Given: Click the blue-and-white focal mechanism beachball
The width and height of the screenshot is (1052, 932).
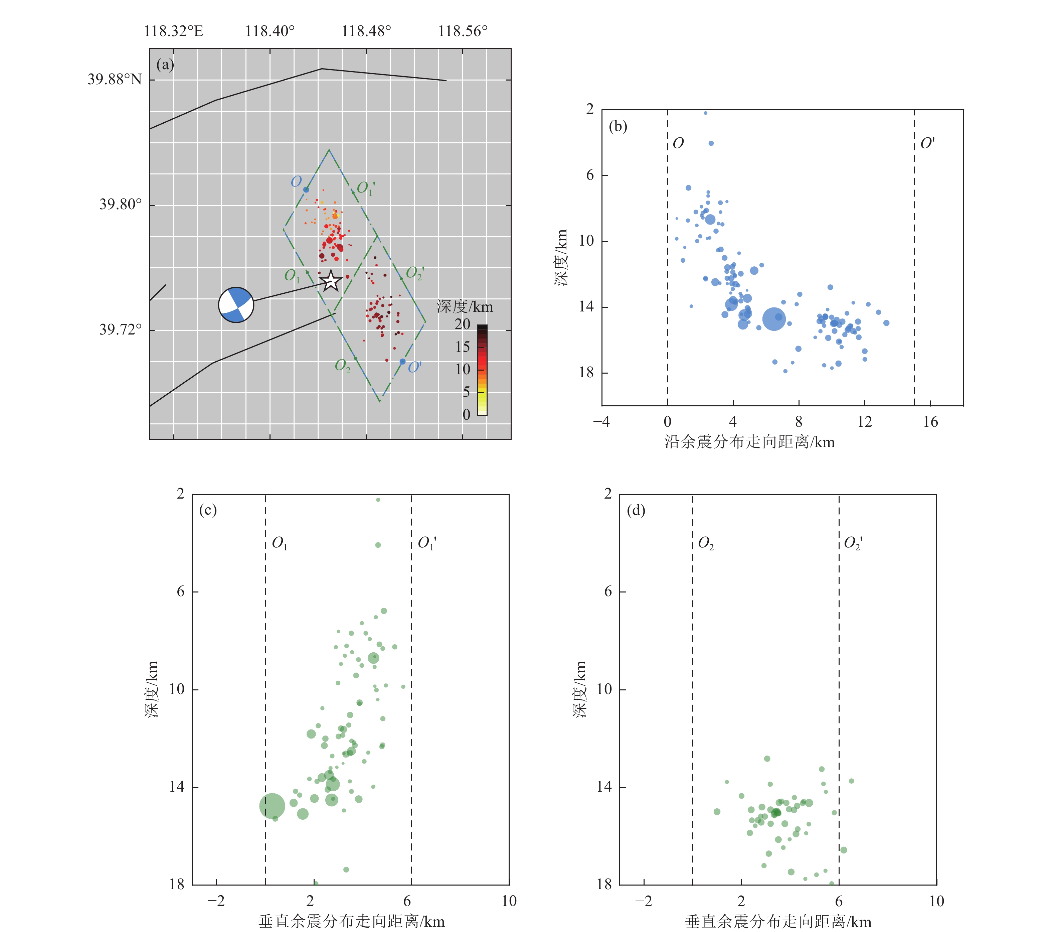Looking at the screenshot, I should click(x=236, y=305).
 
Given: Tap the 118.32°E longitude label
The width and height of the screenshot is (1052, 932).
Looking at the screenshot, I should click(x=173, y=31).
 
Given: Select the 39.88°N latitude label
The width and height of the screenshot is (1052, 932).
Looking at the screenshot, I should click(x=114, y=79).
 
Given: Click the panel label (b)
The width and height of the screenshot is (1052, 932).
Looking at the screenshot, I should click(x=618, y=126).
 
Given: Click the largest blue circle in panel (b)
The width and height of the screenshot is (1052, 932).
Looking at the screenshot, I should click(x=773, y=319).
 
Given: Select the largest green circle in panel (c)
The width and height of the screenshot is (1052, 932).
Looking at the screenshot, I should click(x=272, y=805).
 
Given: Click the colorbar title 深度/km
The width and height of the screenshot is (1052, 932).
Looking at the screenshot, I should click(x=465, y=307).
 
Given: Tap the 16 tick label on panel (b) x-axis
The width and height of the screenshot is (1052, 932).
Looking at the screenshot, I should click(x=930, y=422).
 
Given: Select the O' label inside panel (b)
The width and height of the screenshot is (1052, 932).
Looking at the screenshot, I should click(x=927, y=143).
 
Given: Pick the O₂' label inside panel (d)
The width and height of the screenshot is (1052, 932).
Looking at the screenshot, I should click(x=853, y=543).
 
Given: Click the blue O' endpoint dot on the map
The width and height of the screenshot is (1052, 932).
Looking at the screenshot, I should click(x=402, y=362).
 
